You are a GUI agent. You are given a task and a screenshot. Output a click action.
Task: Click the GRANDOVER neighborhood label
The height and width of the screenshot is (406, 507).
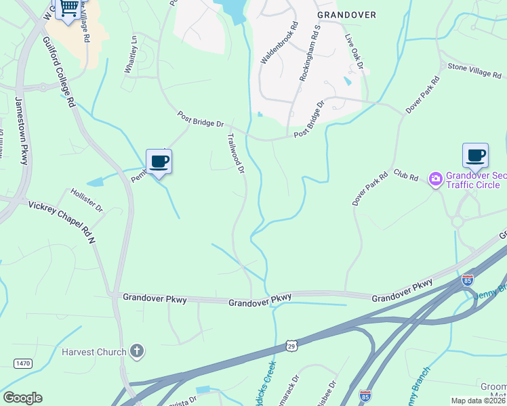pos(346,14)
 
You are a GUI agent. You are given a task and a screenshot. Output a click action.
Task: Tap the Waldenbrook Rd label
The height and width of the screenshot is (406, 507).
pos(278,43)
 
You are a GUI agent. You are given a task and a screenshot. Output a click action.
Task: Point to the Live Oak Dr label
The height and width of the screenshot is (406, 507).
pos(355,52)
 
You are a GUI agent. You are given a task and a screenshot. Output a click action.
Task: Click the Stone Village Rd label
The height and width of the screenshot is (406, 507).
pos(474,70)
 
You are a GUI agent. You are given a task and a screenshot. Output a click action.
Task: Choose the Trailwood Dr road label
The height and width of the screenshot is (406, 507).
pos(235,152)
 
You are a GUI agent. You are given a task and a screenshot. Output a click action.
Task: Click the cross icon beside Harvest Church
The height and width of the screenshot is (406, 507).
pos(137,351)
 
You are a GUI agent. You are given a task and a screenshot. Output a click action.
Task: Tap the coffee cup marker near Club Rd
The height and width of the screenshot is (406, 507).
pos(475,156)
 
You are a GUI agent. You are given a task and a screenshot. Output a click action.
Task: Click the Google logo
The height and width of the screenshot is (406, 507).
pos(22,398)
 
